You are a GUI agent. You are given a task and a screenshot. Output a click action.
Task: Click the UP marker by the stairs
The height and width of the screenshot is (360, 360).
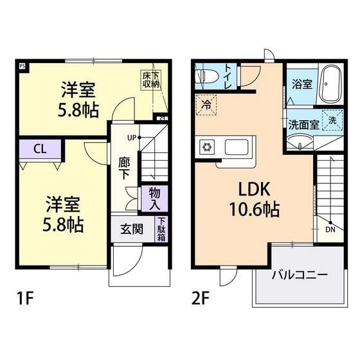point(132,138)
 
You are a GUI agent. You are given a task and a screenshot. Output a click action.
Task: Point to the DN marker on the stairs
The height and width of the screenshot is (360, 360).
point(330,228)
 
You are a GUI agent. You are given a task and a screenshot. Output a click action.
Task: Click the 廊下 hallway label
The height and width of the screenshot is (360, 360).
point(125,168)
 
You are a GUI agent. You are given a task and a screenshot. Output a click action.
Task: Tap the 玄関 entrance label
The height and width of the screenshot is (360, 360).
point(132,229)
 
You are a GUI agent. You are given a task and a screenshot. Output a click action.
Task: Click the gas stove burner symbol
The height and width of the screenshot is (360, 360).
point(208,147)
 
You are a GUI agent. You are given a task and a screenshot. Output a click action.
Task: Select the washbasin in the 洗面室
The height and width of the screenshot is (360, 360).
point(298,144)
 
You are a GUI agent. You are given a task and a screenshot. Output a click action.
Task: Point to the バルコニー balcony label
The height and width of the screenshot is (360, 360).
point(299,274)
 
